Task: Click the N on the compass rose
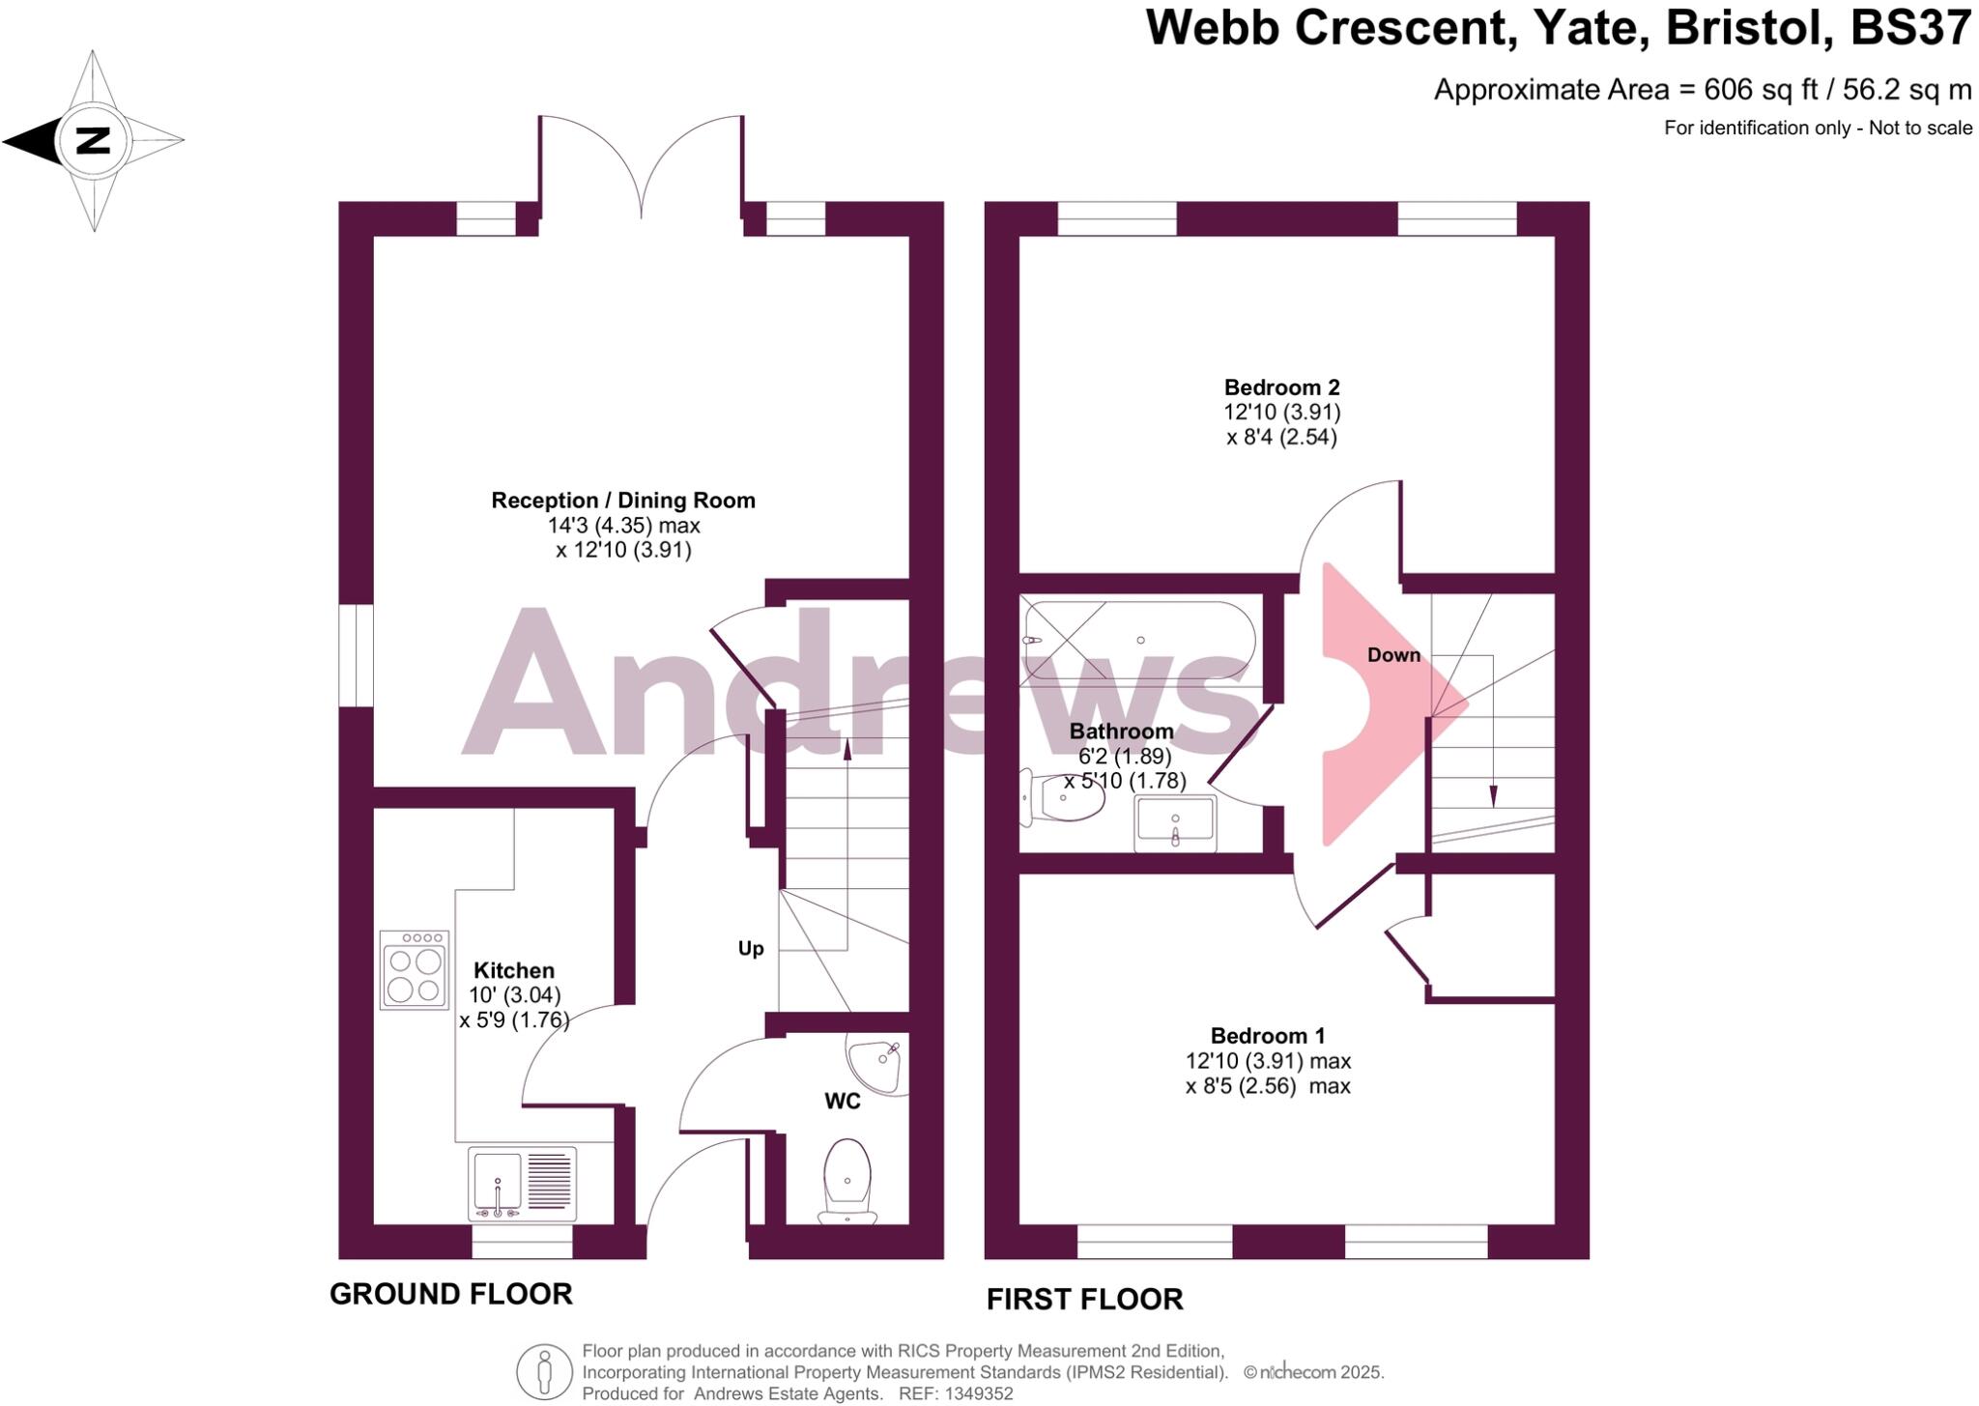point(94,141)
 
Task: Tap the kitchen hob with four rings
point(415,970)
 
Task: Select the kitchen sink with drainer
point(522,1184)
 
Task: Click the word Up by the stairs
point(751,949)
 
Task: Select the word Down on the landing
point(1393,655)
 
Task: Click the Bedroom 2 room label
point(1281,387)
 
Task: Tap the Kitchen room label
point(514,970)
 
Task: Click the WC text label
point(842,1102)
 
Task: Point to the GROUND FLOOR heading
point(451,1294)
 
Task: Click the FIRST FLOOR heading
point(1084,1300)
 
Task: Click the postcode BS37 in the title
point(1909,28)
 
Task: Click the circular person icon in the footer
point(544,1372)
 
